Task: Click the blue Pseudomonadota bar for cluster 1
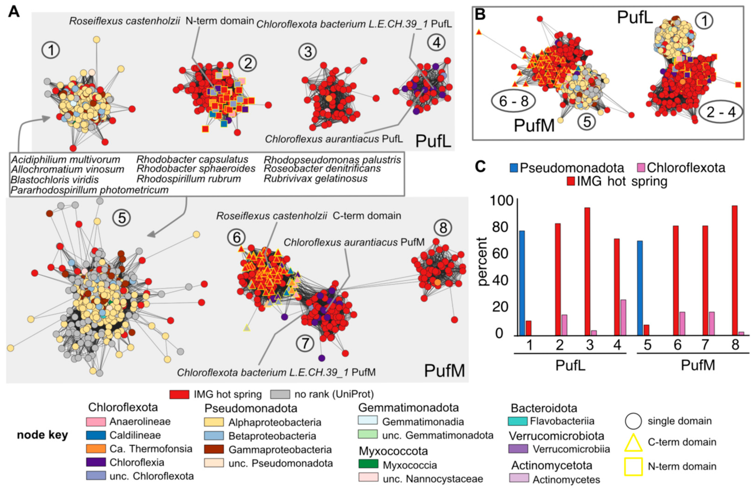[x=522, y=283]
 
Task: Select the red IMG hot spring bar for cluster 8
[x=735, y=270]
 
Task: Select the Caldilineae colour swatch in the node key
[x=96, y=435]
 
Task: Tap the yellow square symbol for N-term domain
[x=633, y=466]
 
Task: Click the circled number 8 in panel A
[x=443, y=227]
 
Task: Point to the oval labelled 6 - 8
[x=513, y=101]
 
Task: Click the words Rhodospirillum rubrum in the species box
[x=189, y=179]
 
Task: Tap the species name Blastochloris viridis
[x=54, y=180]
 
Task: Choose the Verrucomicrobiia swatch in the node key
[x=518, y=449]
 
